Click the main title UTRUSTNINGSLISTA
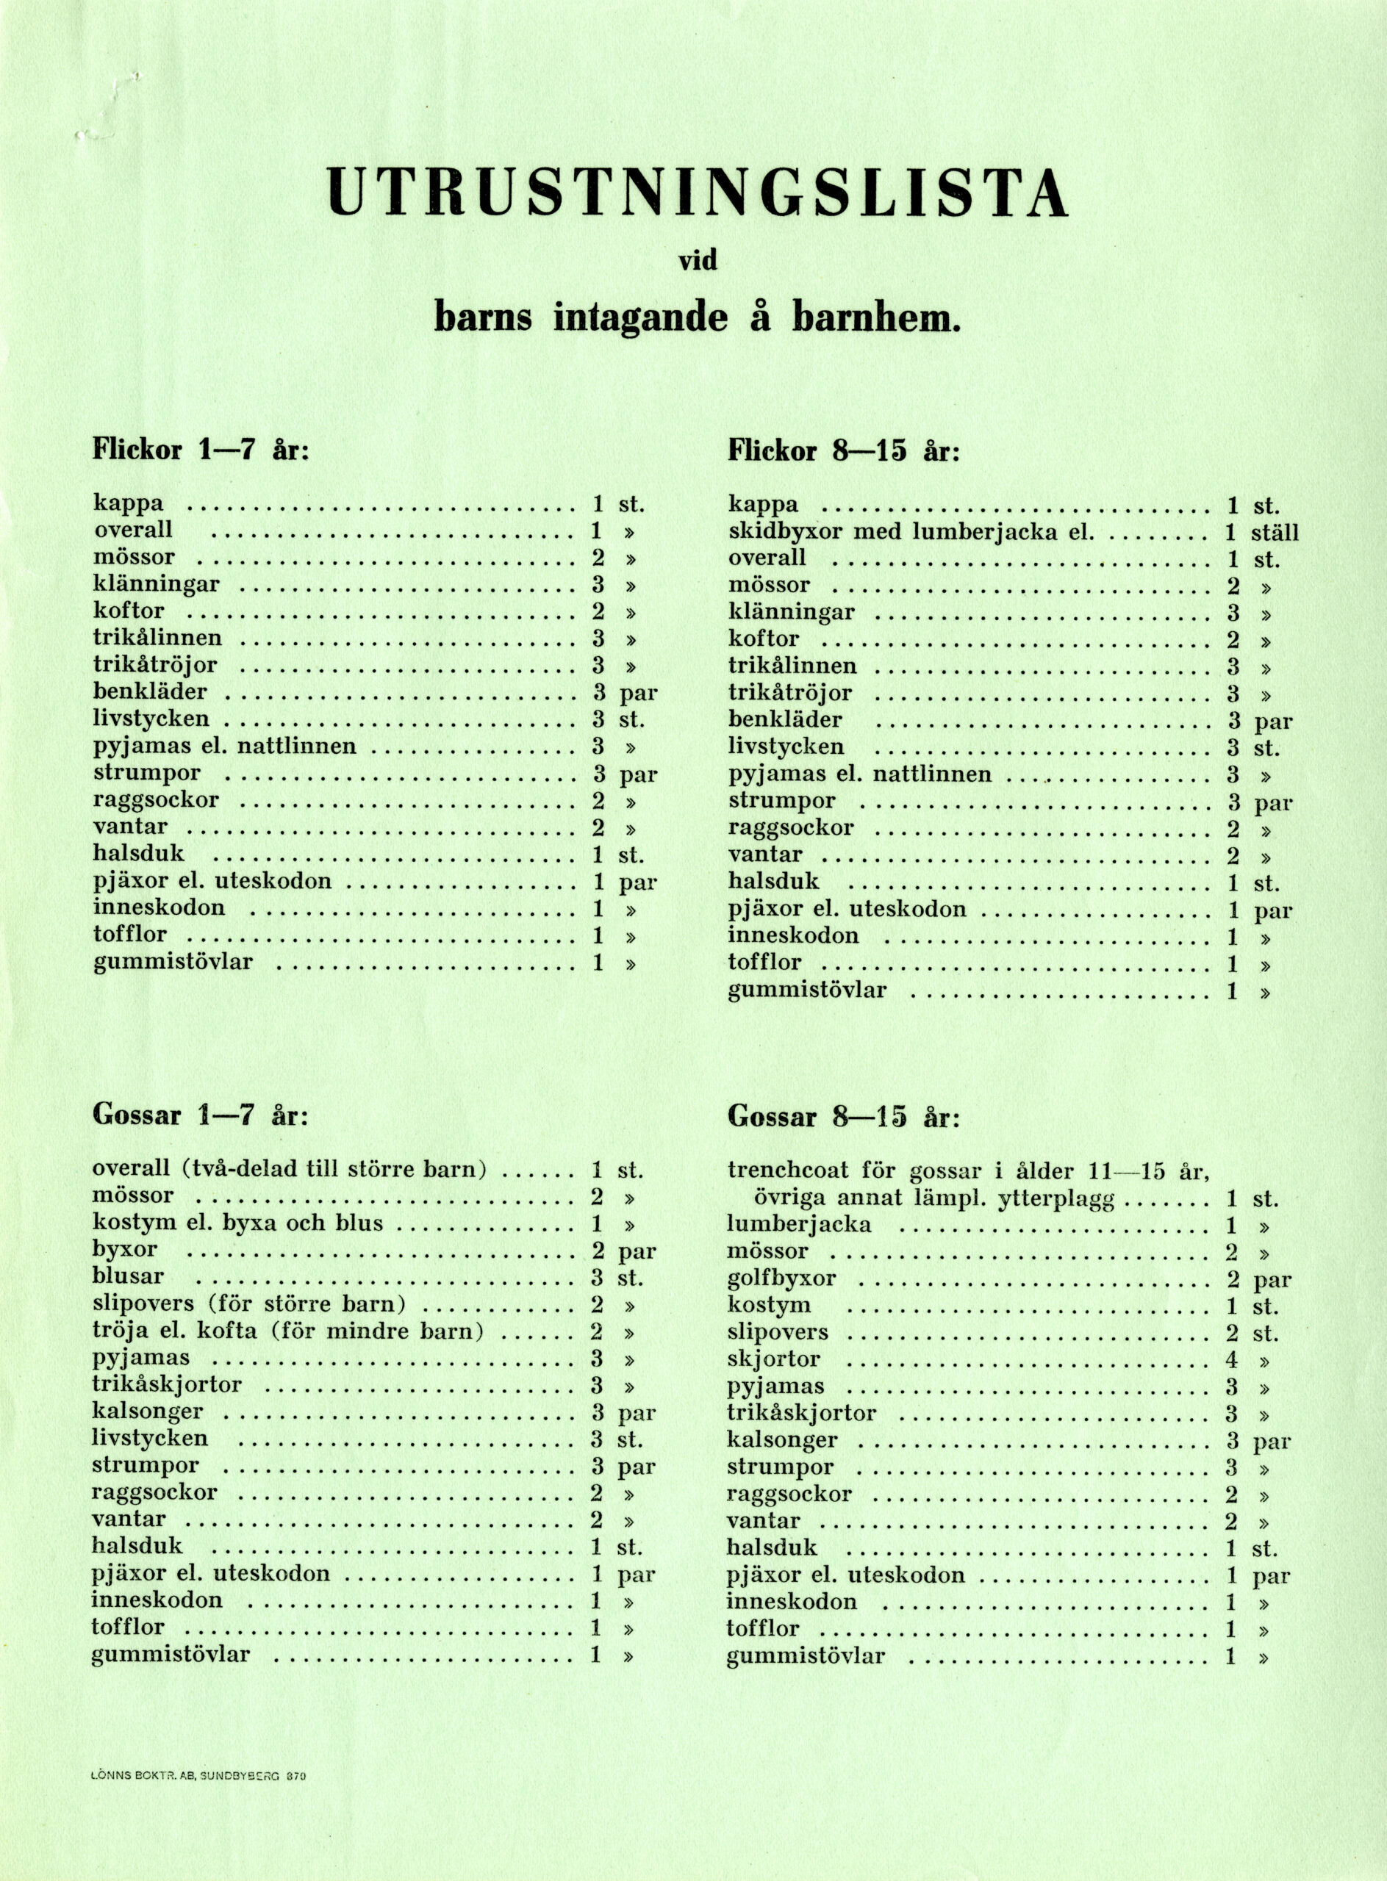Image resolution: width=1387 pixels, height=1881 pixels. click(x=698, y=190)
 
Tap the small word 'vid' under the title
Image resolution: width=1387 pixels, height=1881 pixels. click(x=698, y=261)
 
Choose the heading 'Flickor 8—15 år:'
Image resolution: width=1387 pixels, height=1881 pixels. click(x=843, y=450)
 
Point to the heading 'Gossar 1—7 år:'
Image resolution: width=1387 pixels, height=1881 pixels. click(x=201, y=1115)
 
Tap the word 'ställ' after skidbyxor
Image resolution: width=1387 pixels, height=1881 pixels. click(x=1275, y=532)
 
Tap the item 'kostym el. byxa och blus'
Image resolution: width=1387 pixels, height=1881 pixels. click(x=237, y=1223)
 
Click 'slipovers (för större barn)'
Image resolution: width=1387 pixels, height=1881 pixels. click(x=249, y=1305)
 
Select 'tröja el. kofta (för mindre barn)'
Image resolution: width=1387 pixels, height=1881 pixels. click(x=288, y=1332)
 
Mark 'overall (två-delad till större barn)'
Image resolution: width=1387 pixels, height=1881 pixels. click(x=290, y=1169)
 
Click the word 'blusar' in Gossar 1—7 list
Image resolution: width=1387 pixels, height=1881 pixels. click(x=128, y=1277)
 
